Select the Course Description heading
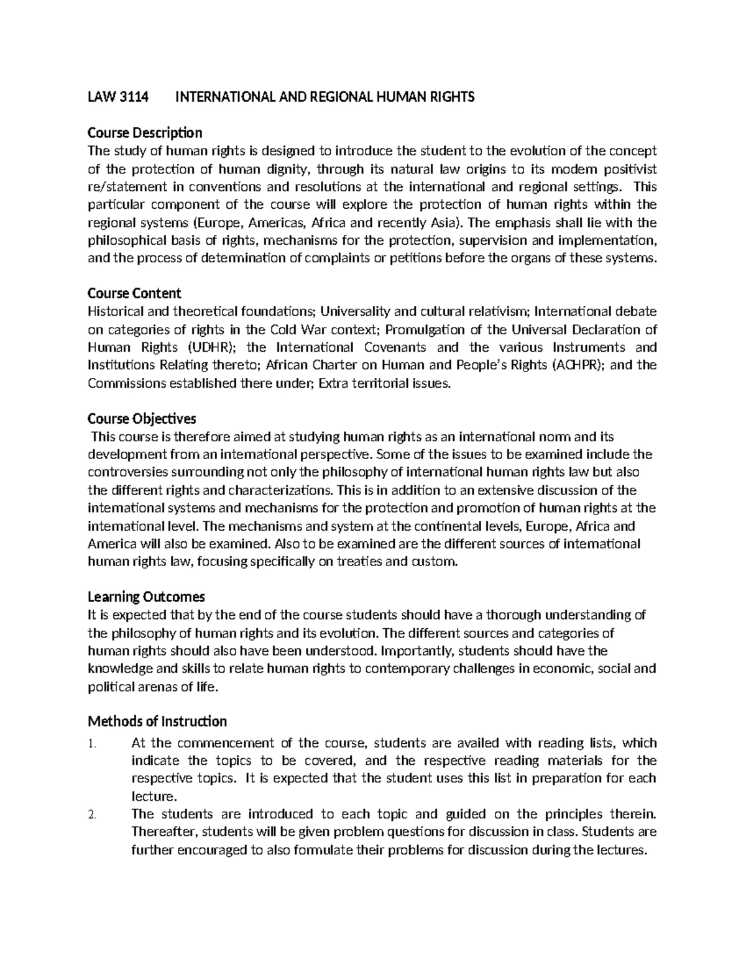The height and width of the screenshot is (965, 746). [145, 133]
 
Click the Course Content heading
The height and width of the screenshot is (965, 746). [134, 293]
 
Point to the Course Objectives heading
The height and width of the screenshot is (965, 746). [142, 418]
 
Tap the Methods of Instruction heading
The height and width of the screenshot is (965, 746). [157, 722]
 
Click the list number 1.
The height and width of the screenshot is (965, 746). [91, 744]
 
